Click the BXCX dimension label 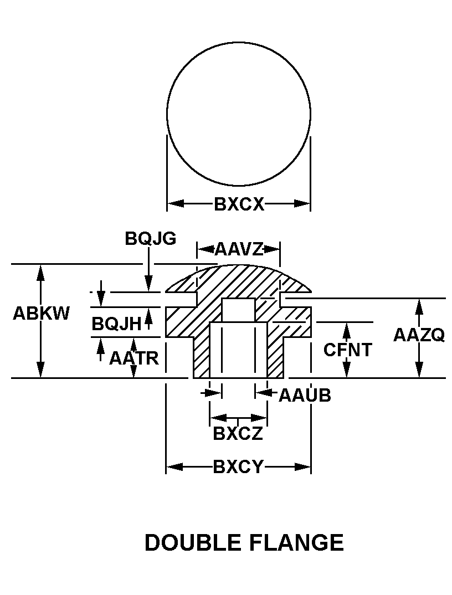click(239, 204)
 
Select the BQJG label click(150, 238)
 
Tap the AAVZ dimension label click(239, 249)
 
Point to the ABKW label click(42, 314)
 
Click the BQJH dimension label click(116, 324)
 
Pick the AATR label click(134, 358)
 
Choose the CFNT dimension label click(348, 350)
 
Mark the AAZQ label click(419, 335)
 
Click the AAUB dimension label click(305, 395)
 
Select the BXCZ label click(238, 433)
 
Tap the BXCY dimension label click(238, 467)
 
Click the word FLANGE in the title click(297, 542)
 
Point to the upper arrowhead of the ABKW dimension click(40, 271)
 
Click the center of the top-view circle click(239, 114)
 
